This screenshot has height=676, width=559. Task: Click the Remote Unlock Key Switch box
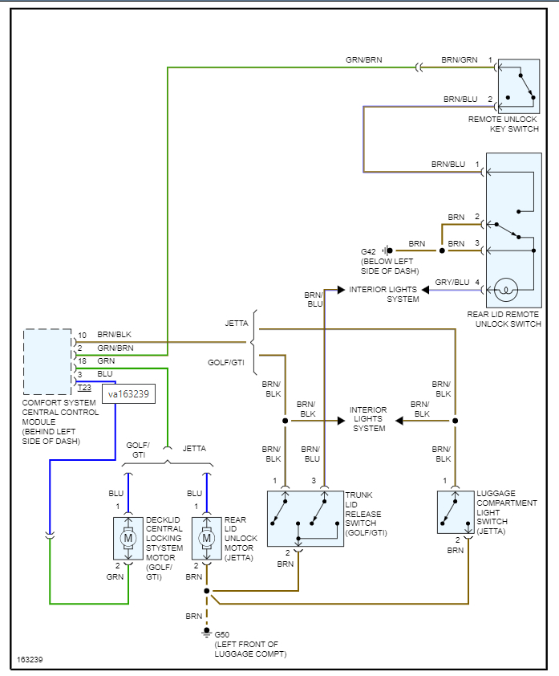coord(519,84)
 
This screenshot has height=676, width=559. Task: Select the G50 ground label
coord(222,635)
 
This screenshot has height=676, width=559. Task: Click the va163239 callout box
coord(128,394)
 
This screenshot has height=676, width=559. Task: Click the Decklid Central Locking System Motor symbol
coord(128,537)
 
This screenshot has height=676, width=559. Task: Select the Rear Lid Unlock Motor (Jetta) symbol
coord(206,537)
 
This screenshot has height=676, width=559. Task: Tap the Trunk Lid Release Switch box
coord(305,518)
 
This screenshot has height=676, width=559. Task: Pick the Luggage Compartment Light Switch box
coord(454,511)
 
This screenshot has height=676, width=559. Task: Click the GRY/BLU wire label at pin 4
coord(452,282)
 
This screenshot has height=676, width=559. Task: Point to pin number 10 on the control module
coord(82,334)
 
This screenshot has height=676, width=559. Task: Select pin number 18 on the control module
coord(82,361)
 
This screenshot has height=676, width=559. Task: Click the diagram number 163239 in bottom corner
coord(30,661)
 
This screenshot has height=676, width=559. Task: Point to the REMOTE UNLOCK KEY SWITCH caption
coord(504,124)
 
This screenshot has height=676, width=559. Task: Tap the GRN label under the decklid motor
coord(115,576)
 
